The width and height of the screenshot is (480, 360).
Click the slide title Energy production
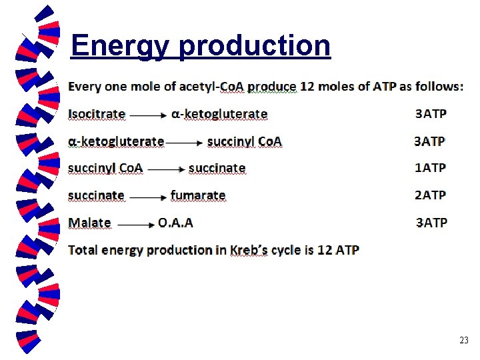(x=200, y=46)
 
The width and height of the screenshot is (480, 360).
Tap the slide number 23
(x=464, y=341)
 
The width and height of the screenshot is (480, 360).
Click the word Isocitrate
(x=97, y=114)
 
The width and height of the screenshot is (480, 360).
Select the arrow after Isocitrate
(x=148, y=115)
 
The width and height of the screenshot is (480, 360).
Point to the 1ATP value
(x=430, y=168)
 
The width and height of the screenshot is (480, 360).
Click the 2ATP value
(x=430, y=195)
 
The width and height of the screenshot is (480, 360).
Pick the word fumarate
(x=198, y=195)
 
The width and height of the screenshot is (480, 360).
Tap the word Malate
(x=89, y=223)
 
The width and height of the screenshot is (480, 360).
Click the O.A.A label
(x=175, y=223)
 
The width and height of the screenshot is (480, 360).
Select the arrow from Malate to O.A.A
(x=137, y=225)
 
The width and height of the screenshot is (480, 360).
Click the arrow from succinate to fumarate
(x=147, y=197)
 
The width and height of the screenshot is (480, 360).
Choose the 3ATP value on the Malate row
(x=431, y=223)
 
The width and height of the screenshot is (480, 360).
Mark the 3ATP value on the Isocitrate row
(x=431, y=114)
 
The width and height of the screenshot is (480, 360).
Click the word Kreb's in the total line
(x=248, y=251)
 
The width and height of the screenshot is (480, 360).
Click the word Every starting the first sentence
(x=85, y=87)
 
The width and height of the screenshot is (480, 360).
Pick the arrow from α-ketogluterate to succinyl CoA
(x=185, y=143)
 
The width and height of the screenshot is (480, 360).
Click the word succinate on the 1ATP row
(x=217, y=168)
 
